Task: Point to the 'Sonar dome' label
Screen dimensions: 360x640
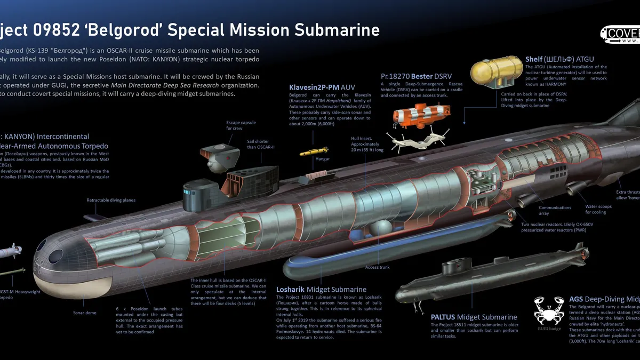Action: click(84, 313)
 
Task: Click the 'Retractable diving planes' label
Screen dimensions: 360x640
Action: click(111, 200)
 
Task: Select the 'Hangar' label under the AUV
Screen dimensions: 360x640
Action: click(322, 159)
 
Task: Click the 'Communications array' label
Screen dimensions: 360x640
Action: click(555, 211)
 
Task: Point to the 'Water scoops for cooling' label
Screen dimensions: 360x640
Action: click(599, 209)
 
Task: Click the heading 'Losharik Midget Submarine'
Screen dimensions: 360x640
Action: click(321, 290)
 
